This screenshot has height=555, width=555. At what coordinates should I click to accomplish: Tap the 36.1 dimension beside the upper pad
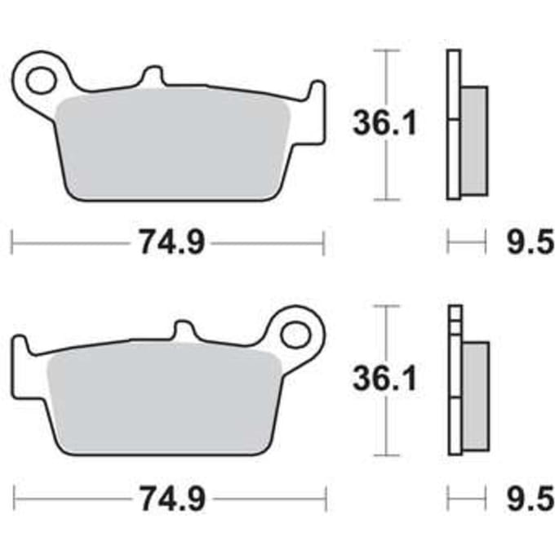(385, 122)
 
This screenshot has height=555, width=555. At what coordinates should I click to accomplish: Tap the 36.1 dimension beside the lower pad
(385, 378)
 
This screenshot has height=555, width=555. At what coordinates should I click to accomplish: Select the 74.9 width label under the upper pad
(172, 242)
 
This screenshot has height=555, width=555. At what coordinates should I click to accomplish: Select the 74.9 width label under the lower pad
(173, 499)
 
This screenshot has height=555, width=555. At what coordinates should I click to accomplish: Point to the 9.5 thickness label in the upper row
(530, 243)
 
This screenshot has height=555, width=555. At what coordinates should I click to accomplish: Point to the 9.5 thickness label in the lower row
(530, 499)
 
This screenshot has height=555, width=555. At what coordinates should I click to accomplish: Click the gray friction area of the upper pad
(173, 147)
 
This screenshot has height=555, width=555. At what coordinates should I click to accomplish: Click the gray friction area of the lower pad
(165, 402)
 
